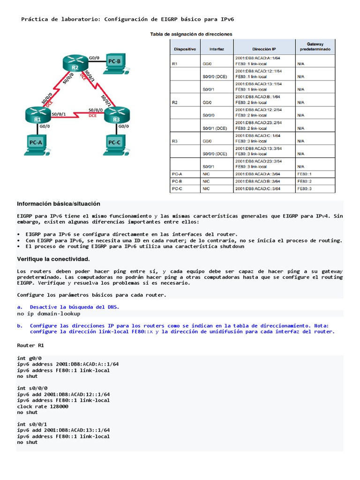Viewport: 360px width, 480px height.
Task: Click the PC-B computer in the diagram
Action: [114, 63]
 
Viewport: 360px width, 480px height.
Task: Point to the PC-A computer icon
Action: [36, 144]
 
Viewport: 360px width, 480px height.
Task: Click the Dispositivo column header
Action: [185, 48]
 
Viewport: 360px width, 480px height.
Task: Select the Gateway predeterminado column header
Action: [315, 45]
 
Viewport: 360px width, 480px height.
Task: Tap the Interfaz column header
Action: [216, 48]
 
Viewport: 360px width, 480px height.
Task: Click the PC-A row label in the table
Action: [177, 173]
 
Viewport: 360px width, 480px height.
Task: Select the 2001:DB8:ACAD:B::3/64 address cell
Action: [257, 181]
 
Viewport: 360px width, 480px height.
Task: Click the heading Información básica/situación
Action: [59, 204]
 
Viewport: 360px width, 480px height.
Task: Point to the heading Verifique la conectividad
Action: [53, 259]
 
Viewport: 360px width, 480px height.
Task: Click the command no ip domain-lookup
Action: [49, 314]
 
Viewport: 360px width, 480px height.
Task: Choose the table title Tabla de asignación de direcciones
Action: [191, 34]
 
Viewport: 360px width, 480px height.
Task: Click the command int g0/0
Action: [29, 358]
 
